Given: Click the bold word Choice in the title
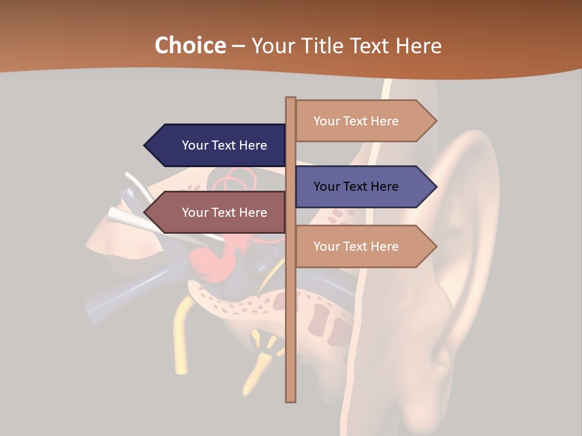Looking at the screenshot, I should click(190, 46).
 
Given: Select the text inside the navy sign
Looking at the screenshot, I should click(224, 145).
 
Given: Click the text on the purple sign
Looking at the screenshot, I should click(356, 187).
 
